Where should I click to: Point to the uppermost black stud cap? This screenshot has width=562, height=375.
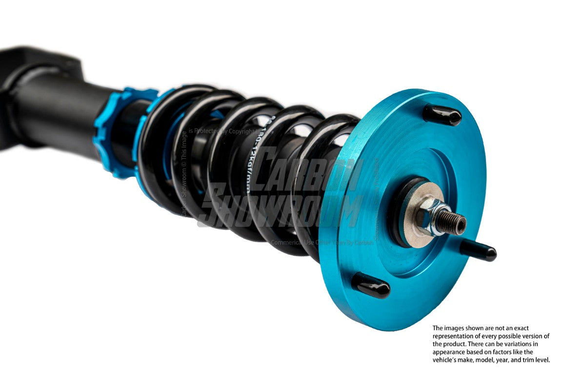[442, 115]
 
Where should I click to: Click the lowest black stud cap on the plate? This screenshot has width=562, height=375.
[371, 285]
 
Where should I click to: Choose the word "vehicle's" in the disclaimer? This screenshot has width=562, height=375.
[445, 360]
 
